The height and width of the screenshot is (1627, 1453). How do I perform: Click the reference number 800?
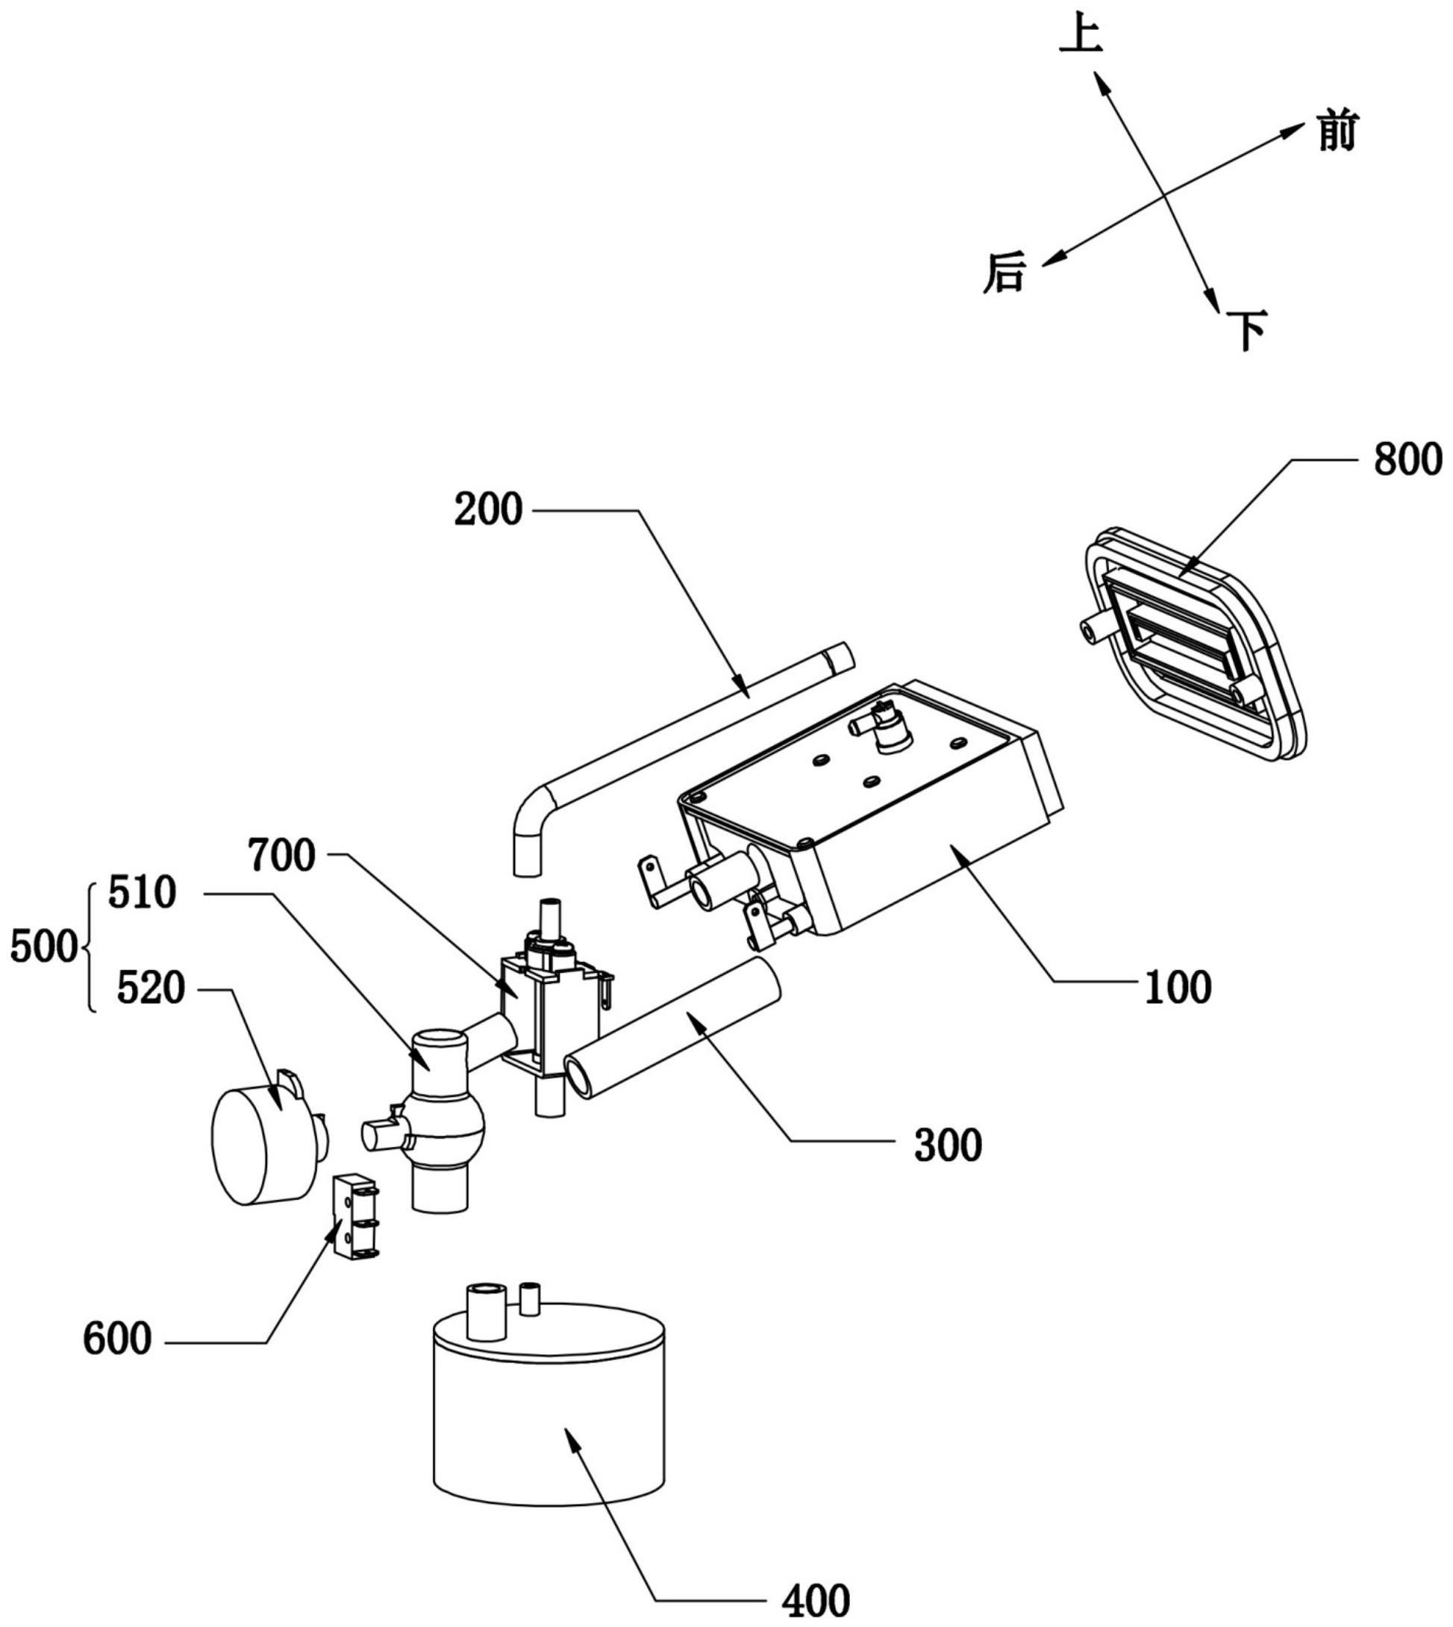(x=1407, y=461)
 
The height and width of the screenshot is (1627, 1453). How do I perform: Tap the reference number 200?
(x=489, y=508)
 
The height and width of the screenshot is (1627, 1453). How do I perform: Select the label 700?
(x=282, y=856)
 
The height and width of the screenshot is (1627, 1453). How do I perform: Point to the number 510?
(x=142, y=894)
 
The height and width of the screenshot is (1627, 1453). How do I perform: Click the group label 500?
(x=43, y=949)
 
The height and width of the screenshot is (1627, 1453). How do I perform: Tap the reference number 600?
(x=117, y=1339)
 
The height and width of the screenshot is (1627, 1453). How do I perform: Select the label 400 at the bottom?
(x=816, y=1602)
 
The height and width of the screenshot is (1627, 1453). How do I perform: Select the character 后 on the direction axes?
(x=1004, y=273)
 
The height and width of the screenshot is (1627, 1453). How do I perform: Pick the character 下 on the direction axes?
(x=1247, y=332)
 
